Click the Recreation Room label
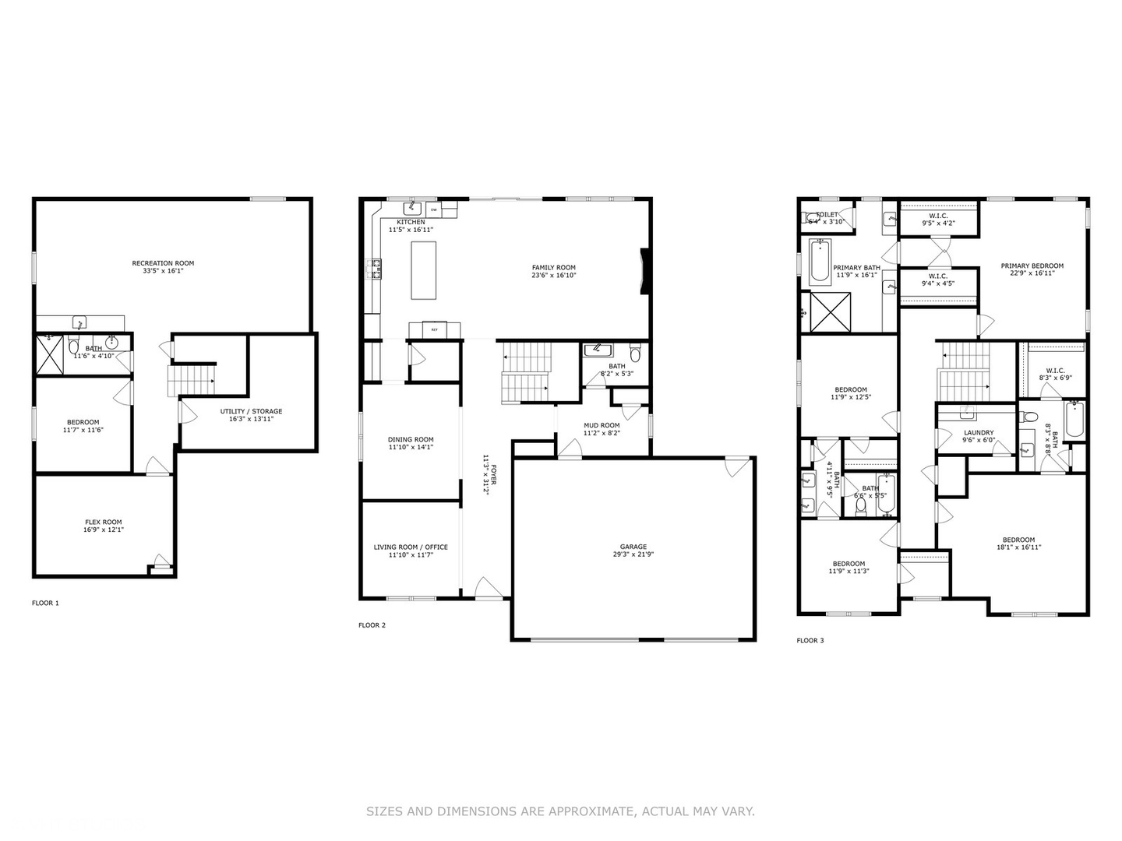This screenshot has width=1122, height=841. [163, 263]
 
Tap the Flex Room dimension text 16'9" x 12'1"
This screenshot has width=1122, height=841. [104, 530]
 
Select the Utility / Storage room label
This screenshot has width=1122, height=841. [251, 411]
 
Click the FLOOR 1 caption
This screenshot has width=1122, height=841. [45, 603]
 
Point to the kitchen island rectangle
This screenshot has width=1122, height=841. [424, 270]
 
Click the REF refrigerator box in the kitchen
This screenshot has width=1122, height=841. [434, 329]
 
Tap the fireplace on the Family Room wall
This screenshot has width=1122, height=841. [644, 271]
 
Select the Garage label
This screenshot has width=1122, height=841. [633, 547]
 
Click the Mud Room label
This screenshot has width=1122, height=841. [602, 425]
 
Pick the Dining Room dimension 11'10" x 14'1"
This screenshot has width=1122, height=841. [411, 447]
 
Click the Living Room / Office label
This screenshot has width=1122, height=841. [411, 547]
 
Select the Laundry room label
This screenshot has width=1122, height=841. [979, 433]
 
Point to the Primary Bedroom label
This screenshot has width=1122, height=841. [1032, 266]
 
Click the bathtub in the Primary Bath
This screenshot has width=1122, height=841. [820, 262]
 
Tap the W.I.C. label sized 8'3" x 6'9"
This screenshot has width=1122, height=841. [1055, 371]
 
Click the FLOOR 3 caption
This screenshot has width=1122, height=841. [810, 640]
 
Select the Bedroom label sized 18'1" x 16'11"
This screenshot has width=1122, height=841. [1018, 540]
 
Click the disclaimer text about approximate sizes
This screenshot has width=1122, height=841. [560, 811]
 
